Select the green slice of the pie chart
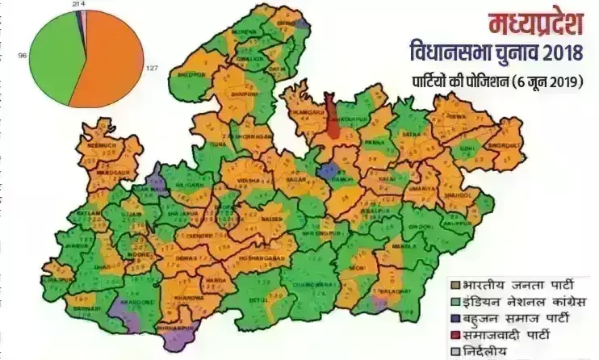click(48, 57)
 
